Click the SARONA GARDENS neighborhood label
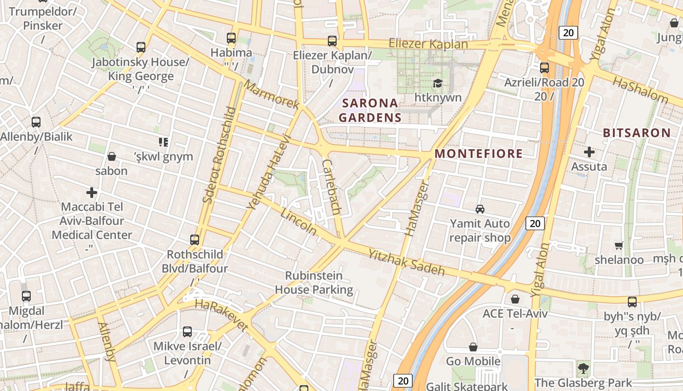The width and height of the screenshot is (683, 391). (x=370, y=110)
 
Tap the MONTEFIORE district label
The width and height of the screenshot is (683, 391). (x=479, y=153)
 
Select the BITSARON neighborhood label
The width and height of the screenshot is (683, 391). (x=637, y=132)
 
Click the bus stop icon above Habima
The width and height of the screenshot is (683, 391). (x=231, y=38)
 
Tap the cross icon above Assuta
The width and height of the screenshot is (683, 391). (x=589, y=152)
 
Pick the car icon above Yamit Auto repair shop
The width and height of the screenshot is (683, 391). (x=480, y=209)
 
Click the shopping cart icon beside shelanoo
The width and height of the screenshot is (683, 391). (x=619, y=245)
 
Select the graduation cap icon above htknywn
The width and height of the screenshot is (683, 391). (x=438, y=84)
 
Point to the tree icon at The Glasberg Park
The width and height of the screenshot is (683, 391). (x=583, y=368)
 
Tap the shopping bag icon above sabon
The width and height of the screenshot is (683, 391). (x=112, y=156)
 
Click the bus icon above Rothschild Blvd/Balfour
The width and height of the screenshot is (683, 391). (x=195, y=240)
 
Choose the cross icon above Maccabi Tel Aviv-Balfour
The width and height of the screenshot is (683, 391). (x=92, y=193)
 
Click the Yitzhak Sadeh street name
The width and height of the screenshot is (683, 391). (x=406, y=262)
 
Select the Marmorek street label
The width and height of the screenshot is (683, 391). (x=271, y=95)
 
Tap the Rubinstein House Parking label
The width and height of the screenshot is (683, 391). (x=314, y=282)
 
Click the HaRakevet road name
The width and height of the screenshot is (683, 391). (x=221, y=316)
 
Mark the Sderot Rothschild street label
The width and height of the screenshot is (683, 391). (x=219, y=154)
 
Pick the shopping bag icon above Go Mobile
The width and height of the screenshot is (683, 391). (x=473, y=347)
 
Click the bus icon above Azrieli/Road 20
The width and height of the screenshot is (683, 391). (x=544, y=68)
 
